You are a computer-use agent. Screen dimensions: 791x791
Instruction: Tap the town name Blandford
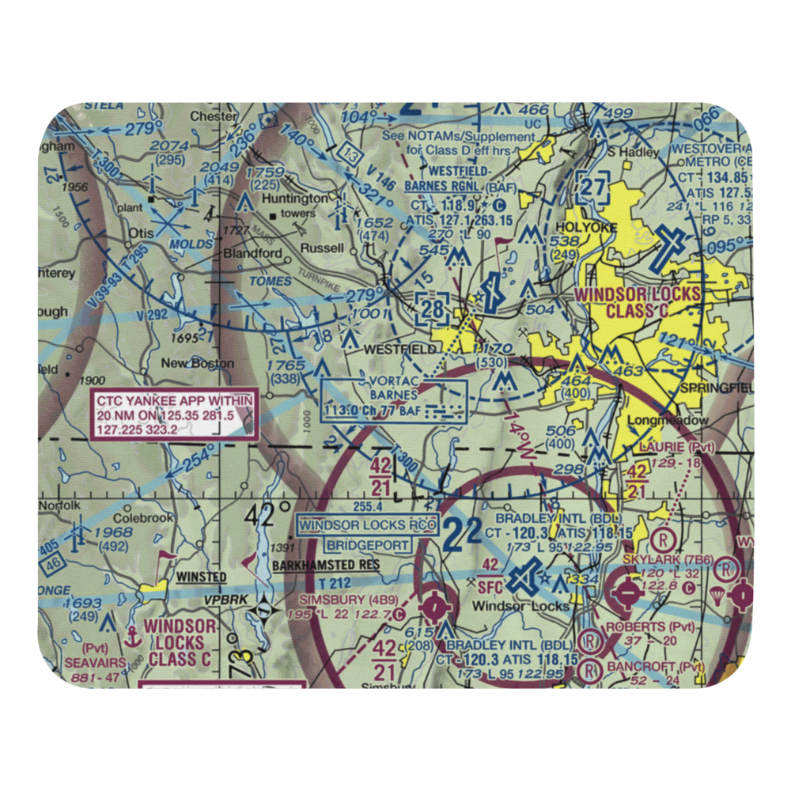(230, 253)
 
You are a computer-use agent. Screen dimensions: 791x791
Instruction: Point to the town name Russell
(322, 248)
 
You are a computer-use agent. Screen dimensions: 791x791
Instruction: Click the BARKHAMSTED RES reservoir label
(326, 566)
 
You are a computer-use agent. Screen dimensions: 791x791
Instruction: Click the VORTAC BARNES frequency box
(394, 400)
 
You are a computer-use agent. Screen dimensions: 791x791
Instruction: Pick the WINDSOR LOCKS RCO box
(368, 525)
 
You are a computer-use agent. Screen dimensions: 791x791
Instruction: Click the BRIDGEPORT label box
(368, 545)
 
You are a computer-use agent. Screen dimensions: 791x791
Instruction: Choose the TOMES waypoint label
(265, 281)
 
